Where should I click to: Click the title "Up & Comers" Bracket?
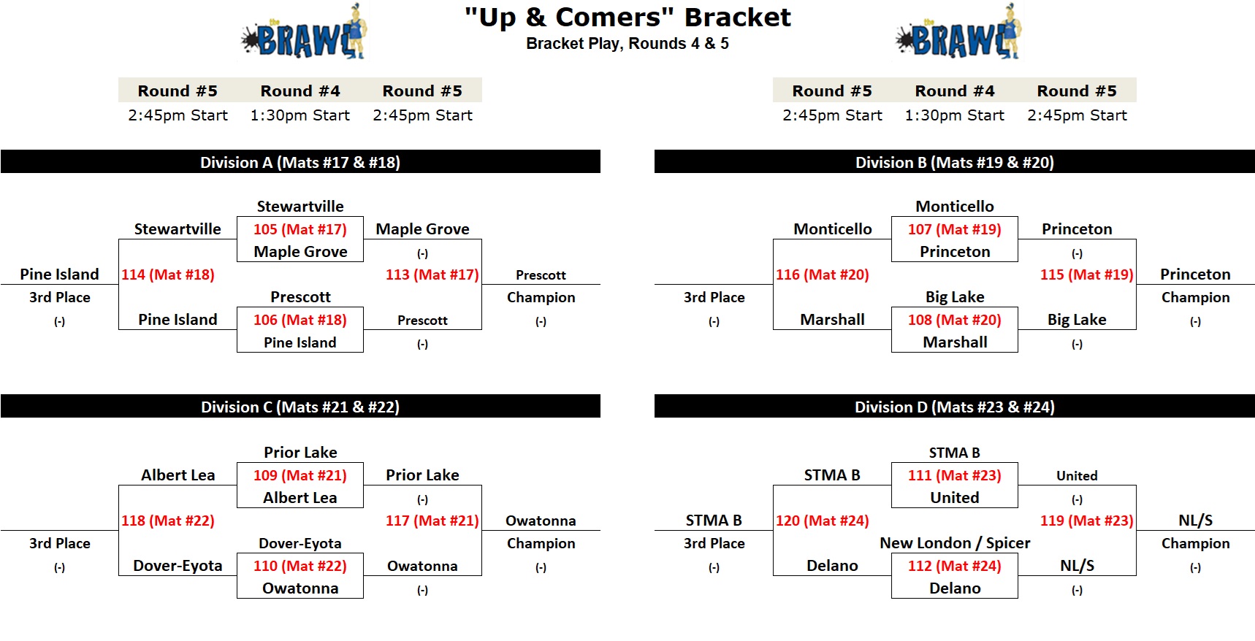[x=627, y=17]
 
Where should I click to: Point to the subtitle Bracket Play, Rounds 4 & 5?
[x=627, y=44]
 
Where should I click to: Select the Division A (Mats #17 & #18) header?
[x=300, y=162]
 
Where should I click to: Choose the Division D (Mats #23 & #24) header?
[x=955, y=407]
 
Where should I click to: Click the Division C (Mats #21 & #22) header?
[x=300, y=407]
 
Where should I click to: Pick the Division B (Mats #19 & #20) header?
[x=955, y=162]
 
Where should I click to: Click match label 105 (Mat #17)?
[x=300, y=229]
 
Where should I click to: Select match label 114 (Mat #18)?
[x=168, y=275]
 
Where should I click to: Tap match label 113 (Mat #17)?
[x=432, y=275]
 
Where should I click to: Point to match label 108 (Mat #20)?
[x=955, y=320]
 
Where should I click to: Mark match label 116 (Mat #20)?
[x=823, y=275]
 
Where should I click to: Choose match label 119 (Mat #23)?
[x=1087, y=521]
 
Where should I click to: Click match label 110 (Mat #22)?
[x=300, y=566]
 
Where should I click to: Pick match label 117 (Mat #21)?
[x=432, y=521]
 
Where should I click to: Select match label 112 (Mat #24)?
[x=955, y=566]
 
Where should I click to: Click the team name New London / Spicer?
[x=955, y=543]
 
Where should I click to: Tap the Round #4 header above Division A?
[x=300, y=91]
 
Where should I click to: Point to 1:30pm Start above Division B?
[x=955, y=115]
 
